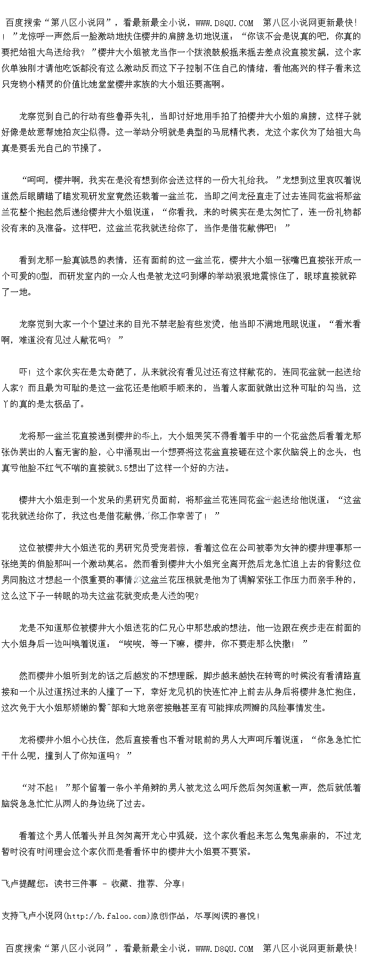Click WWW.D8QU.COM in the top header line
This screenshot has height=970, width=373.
click(x=224, y=23)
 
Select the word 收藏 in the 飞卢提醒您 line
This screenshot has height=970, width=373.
click(x=119, y=884)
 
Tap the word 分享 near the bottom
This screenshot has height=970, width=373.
click(x=172, y=884)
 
